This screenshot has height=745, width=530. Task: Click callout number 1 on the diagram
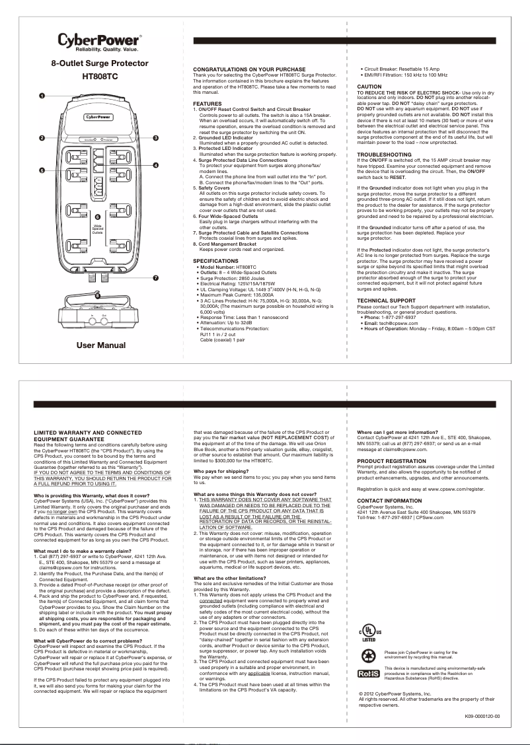41,96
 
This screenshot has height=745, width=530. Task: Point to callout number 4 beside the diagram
156,164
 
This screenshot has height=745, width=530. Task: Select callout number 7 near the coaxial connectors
155,277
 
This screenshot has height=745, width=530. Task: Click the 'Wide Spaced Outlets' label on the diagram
98,229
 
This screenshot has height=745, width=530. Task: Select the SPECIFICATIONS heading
215,261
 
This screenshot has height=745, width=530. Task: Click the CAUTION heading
369,87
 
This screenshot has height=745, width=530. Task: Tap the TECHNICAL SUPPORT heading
386,301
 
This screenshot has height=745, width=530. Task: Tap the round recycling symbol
368,656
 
